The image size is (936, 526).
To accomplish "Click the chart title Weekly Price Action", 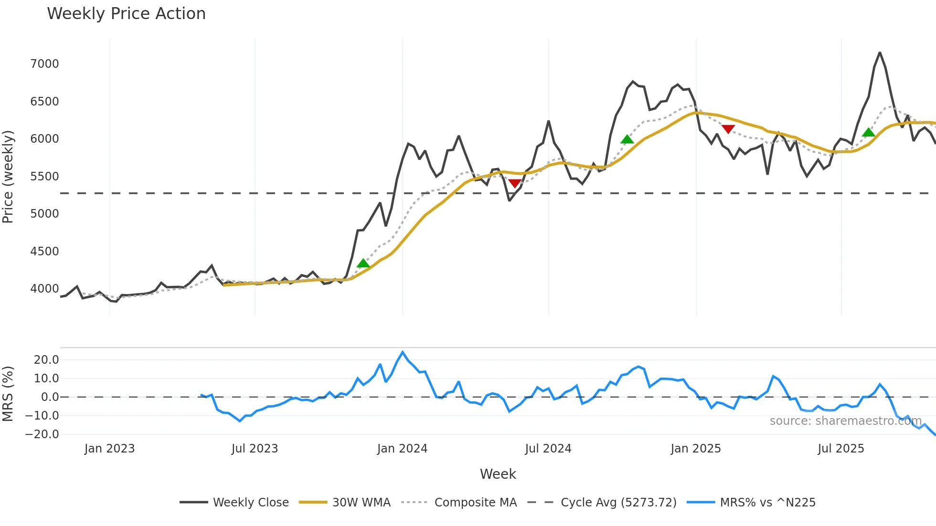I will [126, 14].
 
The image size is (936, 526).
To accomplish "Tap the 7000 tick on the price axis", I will [44, 64].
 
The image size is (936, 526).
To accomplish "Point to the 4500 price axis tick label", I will [44, 252].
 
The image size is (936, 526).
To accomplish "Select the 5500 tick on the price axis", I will [44, 177].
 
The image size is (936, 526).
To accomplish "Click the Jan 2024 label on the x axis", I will [402, 449].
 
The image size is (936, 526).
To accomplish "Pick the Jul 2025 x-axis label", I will [840, 449].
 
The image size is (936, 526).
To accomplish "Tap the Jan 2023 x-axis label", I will [109, 449].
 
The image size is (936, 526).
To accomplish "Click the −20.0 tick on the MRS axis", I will [42, 434].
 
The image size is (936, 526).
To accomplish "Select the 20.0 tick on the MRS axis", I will [46, 360].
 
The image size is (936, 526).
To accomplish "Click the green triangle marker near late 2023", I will [363, 263].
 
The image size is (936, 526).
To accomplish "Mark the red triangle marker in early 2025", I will [728, 129].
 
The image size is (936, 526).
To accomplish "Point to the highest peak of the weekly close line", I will [880, 53].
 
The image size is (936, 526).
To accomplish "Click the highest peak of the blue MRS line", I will [403, 352].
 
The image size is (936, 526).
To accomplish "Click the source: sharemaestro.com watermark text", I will [845, 421].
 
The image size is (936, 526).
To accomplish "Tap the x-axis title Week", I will [498, 474].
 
